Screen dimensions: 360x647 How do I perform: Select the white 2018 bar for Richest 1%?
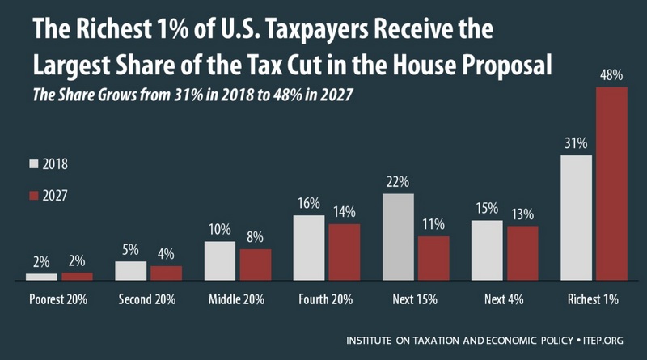pos(575,218)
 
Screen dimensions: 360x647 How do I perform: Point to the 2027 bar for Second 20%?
pos(167,273)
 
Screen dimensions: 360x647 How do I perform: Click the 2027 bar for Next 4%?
pos(522,252)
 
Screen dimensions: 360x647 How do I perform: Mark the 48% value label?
pos(611,76)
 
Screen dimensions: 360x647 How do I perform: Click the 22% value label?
pos(397,183)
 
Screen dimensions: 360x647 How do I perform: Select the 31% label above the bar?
pos(575,144)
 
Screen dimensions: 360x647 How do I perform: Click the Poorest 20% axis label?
pos(59,299)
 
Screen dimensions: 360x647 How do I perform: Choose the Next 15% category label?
pos(415,299)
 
